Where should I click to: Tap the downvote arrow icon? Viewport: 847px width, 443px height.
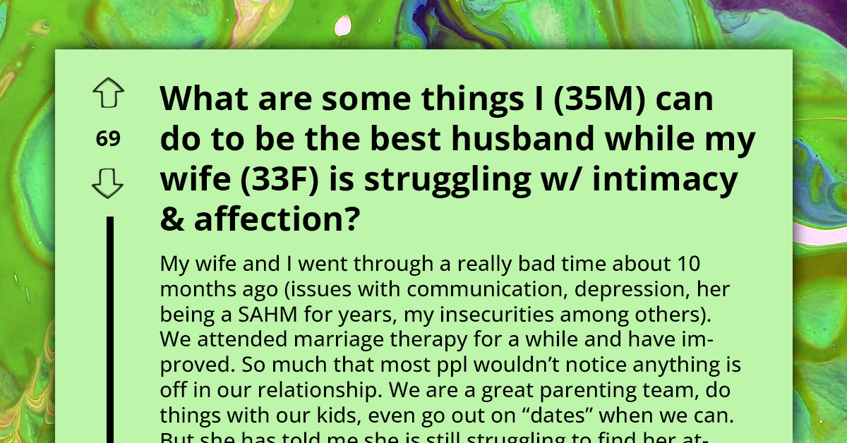coord(107,185)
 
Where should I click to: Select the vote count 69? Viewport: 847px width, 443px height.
coord(108,139)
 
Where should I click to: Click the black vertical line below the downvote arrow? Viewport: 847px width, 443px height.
coord(110,332)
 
